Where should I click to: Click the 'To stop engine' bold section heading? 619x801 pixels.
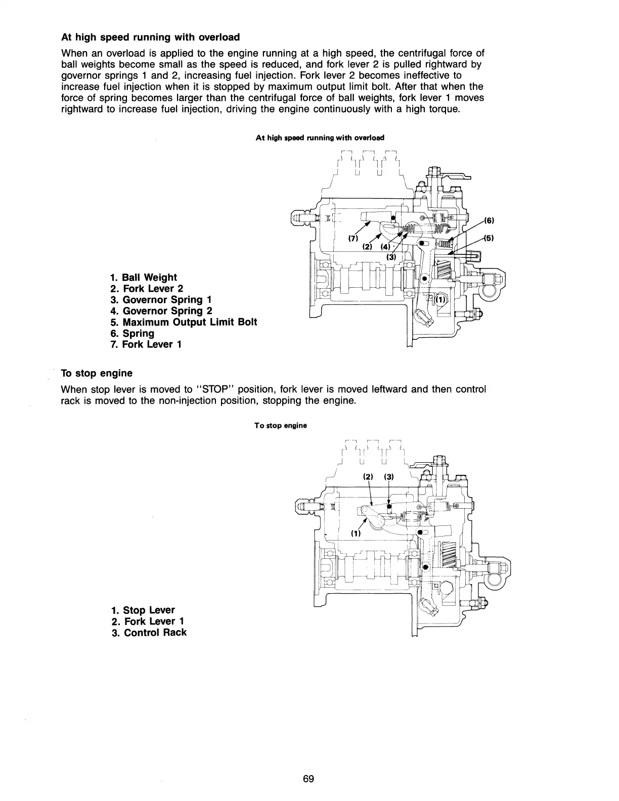pos(97,373)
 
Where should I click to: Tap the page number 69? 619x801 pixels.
pos(308,779)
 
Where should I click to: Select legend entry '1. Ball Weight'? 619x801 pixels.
pos(144,277)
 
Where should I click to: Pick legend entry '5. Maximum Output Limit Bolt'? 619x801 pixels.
pos(184,322)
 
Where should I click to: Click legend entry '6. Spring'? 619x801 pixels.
pos(132,333)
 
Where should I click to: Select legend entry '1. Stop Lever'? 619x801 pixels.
pos(143,610)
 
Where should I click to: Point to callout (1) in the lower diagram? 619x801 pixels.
pos(356,533)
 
